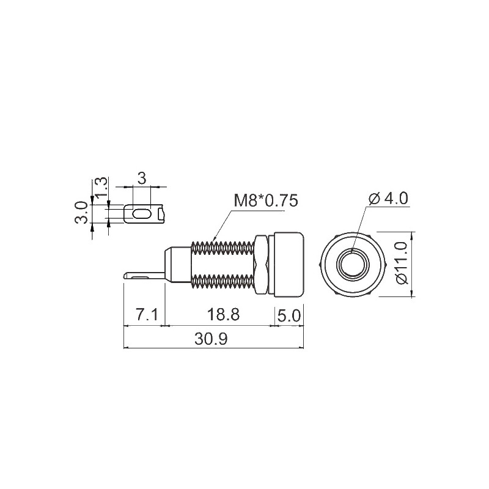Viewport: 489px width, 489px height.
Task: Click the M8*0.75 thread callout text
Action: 265,201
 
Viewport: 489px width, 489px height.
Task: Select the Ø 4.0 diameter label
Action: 389,199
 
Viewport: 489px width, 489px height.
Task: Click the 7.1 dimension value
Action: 147,315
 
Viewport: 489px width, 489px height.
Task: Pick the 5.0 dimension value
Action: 289,315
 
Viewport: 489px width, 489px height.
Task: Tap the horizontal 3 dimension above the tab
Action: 142,178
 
